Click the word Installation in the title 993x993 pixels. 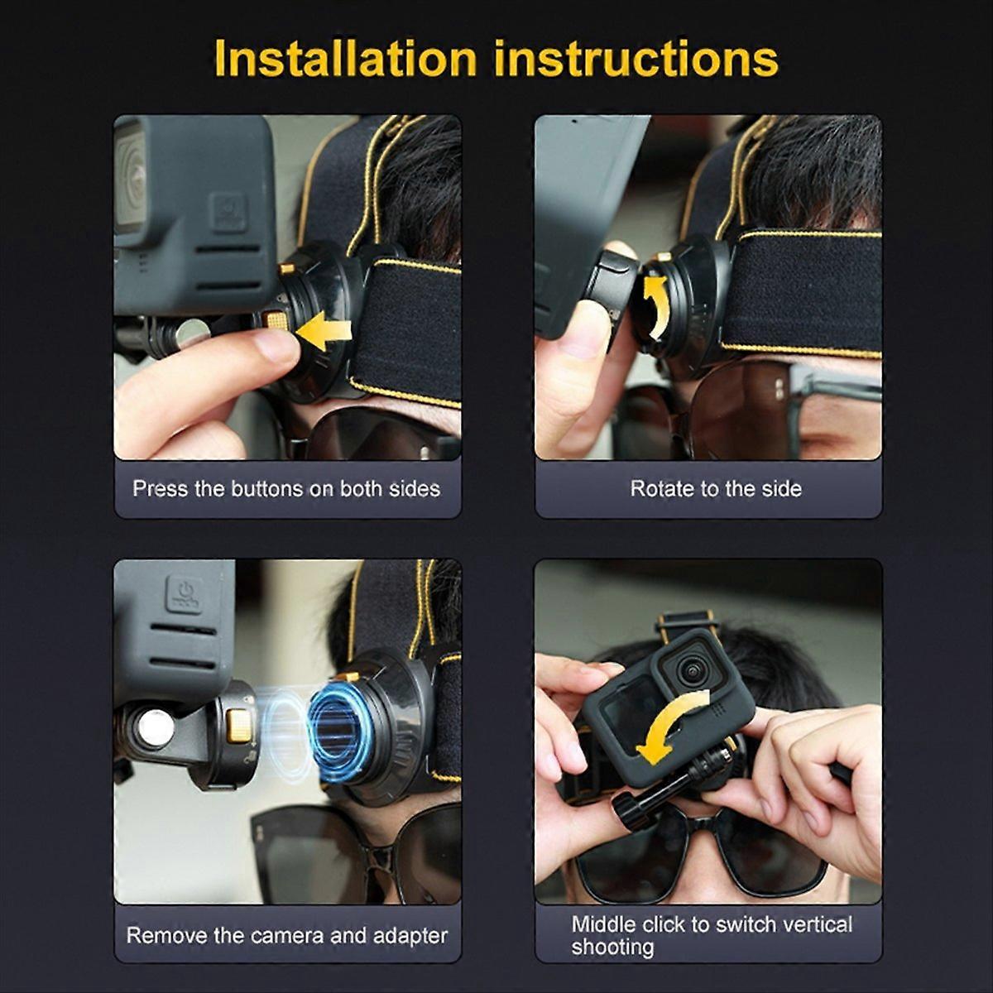pos(345,59)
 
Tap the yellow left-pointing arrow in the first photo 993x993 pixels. pos(324,333)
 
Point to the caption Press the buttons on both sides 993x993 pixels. pos(286,489)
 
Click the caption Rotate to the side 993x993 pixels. pos(716,489)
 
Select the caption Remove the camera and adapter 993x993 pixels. pos(286,936)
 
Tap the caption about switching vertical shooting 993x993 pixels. pos(711,935)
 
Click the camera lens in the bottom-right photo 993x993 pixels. pos(692,671)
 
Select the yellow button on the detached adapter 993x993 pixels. pos(238,726)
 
